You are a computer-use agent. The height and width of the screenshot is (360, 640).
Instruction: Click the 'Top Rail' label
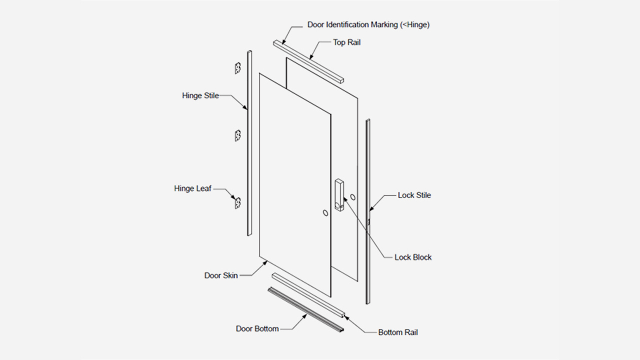click(x=346, y=42)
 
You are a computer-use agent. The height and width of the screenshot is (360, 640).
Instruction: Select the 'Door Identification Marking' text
click(x=368, y=24)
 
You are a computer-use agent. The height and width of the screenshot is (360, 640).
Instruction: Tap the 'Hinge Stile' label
click(x=200, y=95)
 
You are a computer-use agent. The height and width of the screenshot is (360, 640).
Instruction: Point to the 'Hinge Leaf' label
click(x=192, y=188)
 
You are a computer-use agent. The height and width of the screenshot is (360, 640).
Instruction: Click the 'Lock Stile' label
click(x=414, y=195)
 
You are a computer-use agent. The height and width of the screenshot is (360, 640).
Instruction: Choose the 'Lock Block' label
click(x=412, y=257)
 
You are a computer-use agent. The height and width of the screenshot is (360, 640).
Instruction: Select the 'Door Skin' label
click(x=220, y=275)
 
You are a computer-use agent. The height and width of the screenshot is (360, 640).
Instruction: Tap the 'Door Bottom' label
click(x=257, y=328)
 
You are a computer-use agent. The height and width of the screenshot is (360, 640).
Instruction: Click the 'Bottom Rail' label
click(x=397, y=332)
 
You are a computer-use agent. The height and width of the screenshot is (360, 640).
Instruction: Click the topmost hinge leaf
click(x=238, y=68)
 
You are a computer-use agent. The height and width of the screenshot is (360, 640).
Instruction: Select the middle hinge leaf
click(x=238, y=135)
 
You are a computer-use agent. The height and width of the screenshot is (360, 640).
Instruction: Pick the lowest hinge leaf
click(x=238, y=202)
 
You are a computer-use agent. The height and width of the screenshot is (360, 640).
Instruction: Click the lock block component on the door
click(x=340, y=196)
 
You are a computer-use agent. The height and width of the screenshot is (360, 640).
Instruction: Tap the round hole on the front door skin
click(x=325, y=213)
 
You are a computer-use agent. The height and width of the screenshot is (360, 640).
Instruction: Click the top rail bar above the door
click(x=309, y=61)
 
